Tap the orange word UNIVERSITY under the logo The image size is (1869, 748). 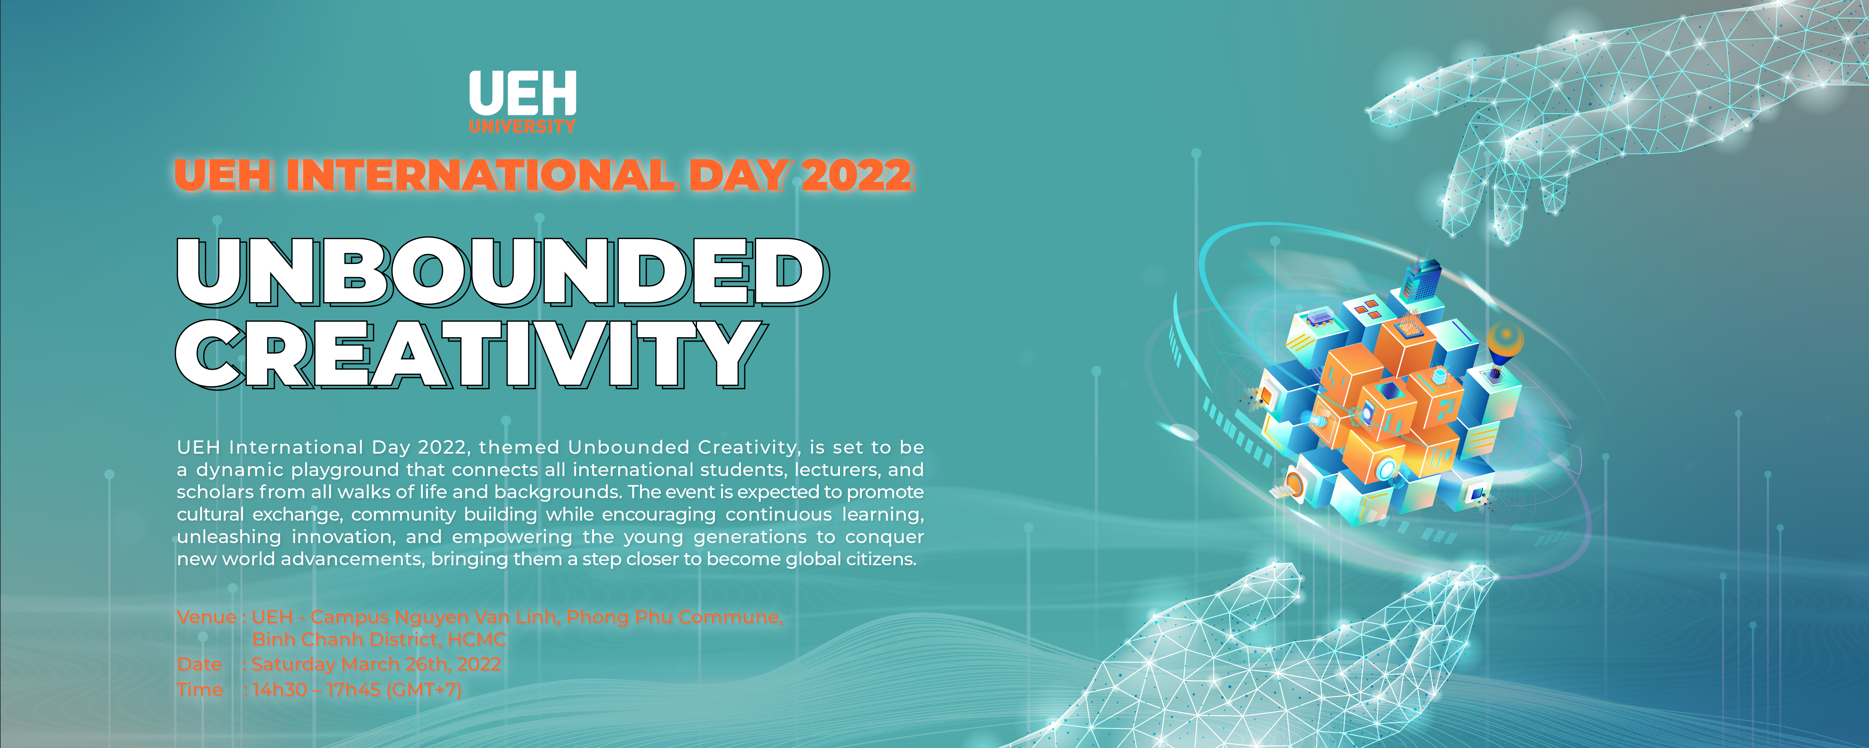click(x=522, y=127)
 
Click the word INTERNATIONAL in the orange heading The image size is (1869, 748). click(x=480, y=176)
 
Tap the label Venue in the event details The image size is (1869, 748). click(x=206, y=618)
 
